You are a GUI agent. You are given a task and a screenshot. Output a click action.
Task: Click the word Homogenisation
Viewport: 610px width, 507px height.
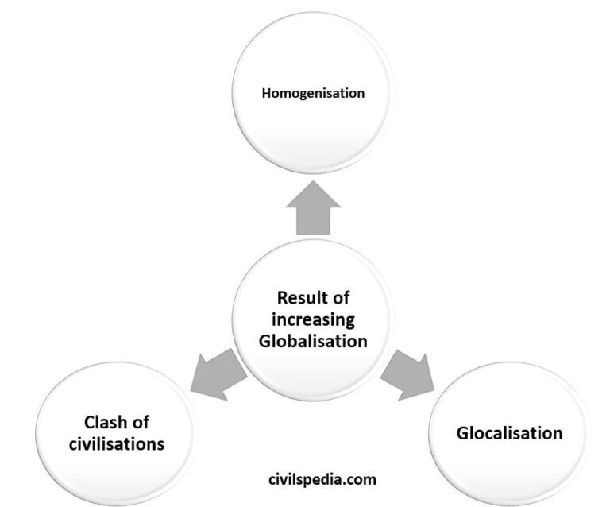click(313, 94)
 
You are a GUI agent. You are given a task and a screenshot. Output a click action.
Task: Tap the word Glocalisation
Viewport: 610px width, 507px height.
click(510, 433)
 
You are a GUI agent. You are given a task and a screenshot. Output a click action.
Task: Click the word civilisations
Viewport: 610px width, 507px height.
click(117, 444)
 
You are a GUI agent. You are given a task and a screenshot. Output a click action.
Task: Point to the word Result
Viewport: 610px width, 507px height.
click(298, 298)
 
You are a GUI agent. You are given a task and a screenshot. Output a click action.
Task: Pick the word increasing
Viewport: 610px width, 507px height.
click(313, 320)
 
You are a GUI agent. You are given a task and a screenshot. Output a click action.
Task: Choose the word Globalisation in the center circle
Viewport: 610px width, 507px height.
click(313, 341)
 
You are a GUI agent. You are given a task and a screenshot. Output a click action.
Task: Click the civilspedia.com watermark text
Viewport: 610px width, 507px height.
click(322, 479)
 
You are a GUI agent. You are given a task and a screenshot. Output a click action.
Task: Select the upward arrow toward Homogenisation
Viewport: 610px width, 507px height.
click(313, 208)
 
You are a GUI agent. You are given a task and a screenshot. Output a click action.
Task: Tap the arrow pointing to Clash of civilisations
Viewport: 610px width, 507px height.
click(218, 374)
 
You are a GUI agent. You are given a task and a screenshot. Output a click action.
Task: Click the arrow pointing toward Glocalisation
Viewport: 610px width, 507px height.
click(407, 375)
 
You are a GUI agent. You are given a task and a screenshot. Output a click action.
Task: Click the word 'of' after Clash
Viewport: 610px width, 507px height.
click(140, 422)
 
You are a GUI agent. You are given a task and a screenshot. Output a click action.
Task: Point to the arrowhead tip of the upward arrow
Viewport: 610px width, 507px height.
click(313, 181)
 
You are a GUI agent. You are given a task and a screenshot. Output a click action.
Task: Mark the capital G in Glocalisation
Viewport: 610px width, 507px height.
click(462, 433)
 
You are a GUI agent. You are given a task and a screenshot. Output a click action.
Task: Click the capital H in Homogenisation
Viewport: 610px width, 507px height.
click(266, 93)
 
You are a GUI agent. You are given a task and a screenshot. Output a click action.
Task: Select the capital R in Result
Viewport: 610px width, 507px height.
click(283, 298)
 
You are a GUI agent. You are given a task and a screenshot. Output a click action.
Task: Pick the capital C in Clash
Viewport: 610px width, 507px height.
click(90, 422)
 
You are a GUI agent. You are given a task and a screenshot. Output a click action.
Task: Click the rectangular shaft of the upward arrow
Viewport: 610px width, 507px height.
click(313, 221)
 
